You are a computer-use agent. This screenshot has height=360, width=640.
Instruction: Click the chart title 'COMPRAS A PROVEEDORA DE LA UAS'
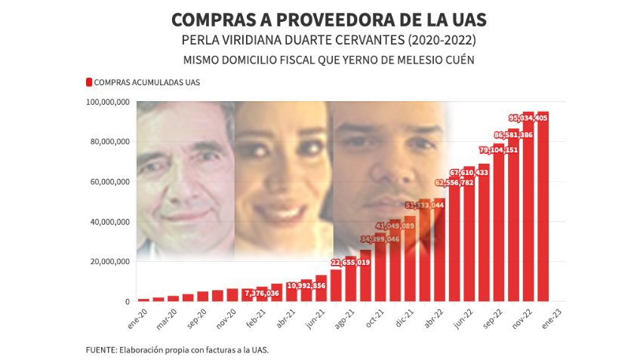point(328,19)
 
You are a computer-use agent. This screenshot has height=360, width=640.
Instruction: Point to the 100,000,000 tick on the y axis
point(107,102)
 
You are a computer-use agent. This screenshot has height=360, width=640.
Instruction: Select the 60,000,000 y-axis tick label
point(107,182)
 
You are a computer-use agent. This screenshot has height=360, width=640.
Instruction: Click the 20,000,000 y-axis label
point(107,262)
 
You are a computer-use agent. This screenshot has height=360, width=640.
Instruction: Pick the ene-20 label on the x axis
point(136,316)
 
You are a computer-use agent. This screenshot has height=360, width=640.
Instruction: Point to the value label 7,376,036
point(262,294)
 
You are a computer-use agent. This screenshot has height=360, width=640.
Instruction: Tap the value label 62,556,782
point(455,183)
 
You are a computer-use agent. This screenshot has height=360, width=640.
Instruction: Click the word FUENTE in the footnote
point(100,350)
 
